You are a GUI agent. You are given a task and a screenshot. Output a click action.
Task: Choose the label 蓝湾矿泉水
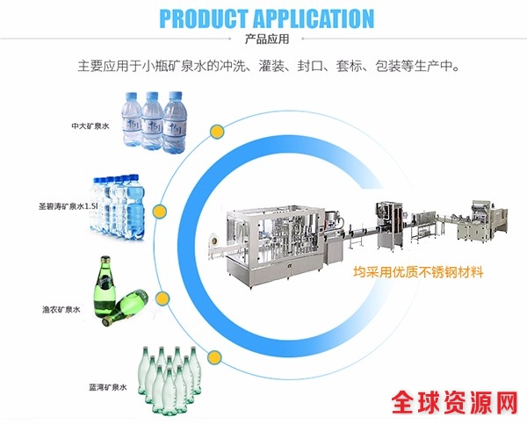click(108, 386)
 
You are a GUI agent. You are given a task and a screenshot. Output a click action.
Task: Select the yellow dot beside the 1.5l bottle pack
click(159, 212)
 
